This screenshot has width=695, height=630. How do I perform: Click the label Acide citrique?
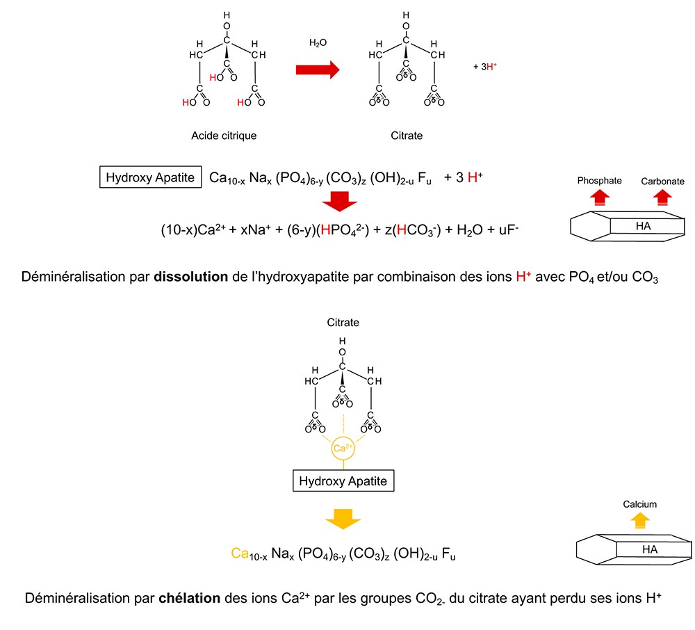[224, 136]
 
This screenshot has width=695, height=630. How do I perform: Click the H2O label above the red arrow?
[318, 43]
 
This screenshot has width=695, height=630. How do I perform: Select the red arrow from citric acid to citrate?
[317, 69]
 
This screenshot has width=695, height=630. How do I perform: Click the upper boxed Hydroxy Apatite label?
[151, 178]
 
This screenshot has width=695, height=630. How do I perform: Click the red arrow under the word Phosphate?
[598, 198]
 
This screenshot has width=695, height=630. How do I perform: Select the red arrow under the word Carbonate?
[663, 198]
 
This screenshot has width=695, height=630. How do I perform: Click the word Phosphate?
[598, 181]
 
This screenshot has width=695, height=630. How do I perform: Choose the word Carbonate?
[662, 181]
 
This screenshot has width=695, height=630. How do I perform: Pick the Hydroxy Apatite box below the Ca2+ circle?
[342, 480]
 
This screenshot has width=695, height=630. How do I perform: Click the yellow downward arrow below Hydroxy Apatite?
[343, 518]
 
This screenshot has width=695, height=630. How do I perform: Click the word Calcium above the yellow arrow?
[639, 504]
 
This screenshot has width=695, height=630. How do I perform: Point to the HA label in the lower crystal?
[650, 549]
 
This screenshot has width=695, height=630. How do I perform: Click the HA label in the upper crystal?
[643, 227]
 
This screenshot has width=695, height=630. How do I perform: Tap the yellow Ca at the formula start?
[240, 554]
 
